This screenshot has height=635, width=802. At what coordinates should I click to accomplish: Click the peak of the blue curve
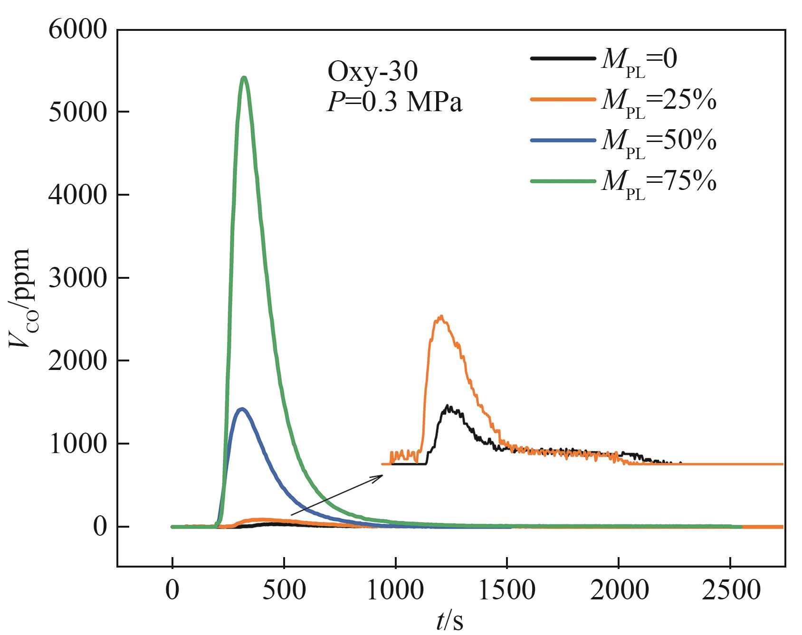tap(242, 408)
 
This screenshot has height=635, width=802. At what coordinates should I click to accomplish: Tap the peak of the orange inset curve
tap(441, 316)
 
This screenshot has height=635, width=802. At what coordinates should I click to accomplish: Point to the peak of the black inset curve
tap(448, 407)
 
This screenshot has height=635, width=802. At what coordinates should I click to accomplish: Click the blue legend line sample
tap(563, 140)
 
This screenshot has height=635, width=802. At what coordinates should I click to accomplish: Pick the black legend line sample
tap(563, 58)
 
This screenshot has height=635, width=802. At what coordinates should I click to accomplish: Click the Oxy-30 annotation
tap(372, 72)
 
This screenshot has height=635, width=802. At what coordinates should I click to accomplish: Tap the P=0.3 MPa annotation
tap(394, 103)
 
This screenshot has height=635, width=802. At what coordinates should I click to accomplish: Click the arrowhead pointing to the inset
tap(380, 476)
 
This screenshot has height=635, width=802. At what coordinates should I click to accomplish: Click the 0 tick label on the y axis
tap(100, 527)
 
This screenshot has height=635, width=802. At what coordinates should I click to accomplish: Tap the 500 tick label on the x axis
tap(284, 590)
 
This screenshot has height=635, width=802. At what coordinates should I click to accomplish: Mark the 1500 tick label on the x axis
tap(507, 590)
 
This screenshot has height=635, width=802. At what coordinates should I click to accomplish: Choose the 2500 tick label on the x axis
tap(730, 590)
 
